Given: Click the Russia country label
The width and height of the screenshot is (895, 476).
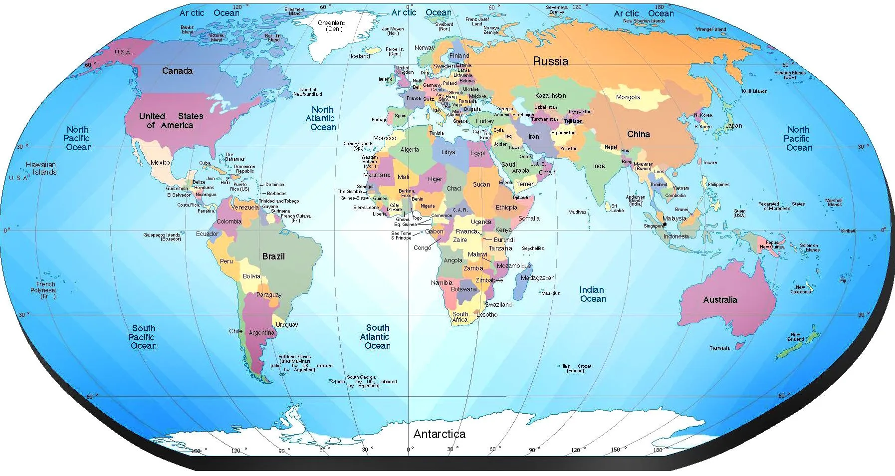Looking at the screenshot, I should (x=550, y=61).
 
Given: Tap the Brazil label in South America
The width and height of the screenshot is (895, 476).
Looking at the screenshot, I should (x=273, y=256).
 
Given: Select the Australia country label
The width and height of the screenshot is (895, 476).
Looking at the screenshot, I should (x=720, y=300).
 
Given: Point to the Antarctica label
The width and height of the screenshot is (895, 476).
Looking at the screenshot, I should (x=439, y=434).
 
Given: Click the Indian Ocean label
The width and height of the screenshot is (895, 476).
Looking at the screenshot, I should (x=593, y=294).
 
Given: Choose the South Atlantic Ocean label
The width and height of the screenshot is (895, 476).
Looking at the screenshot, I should (x=377, y=337).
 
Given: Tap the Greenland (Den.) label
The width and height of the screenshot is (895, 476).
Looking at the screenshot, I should (x=332, y=26).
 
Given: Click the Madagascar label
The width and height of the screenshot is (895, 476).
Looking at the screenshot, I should (x=537, y=278).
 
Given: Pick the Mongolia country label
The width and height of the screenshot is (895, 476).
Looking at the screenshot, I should (x=628, y=97).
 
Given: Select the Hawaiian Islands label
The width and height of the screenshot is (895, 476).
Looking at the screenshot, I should (x=42, y=168).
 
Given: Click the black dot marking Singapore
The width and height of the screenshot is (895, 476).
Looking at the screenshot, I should (x=665, y=225).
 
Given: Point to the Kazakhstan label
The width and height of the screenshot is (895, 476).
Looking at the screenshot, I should (x=550, y=96).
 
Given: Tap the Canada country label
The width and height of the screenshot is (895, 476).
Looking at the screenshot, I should (x=177, y=71).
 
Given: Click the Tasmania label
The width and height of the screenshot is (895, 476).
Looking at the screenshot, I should (x=719, y=348).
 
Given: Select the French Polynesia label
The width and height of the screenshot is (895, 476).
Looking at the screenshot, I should (x=43, y=290).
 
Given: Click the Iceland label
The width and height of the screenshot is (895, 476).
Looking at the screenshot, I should (x=360, y=56).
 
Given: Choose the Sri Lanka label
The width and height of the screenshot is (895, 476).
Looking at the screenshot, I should (x=617, y=208).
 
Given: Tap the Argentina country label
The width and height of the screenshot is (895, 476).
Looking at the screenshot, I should (x=261, y=333).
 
